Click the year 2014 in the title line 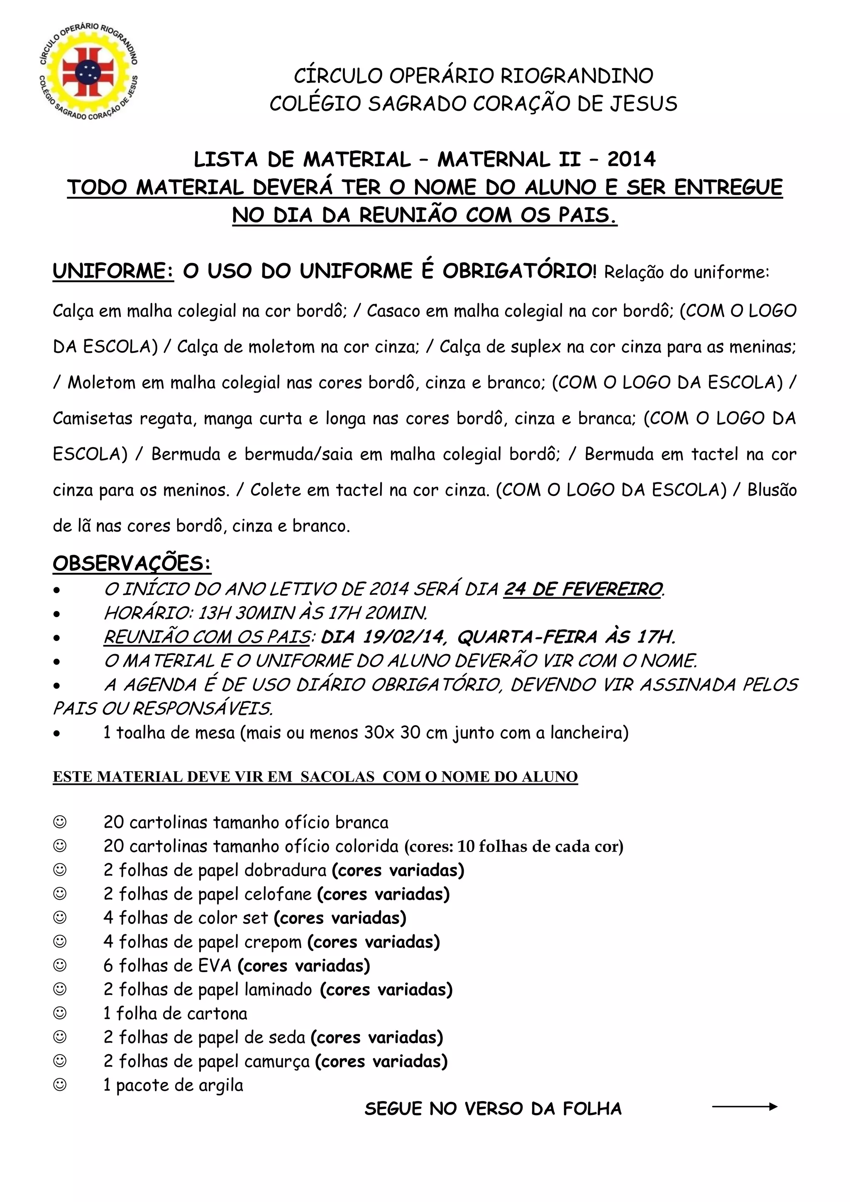coord(631,159)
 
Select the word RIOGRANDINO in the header coord(577,76)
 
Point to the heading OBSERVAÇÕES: coord(132,563)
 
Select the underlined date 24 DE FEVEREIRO coord(583,589)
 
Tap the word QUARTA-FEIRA coord(527,637)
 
